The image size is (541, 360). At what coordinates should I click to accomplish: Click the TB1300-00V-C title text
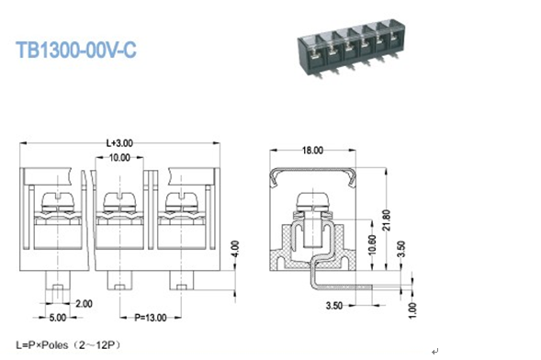click(x=75, y=50)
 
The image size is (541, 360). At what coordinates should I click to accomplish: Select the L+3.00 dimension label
click(x=119, y=142)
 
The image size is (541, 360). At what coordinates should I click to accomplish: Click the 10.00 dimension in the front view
click(x=119, y=158)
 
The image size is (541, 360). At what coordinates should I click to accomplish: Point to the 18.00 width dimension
click(x=313, y=151)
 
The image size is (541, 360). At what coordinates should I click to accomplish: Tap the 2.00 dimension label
click(x=83, y=303)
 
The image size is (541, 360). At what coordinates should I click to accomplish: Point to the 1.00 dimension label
click(x=411, y=310)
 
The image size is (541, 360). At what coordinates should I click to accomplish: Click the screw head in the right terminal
click(x=180, y=199)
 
